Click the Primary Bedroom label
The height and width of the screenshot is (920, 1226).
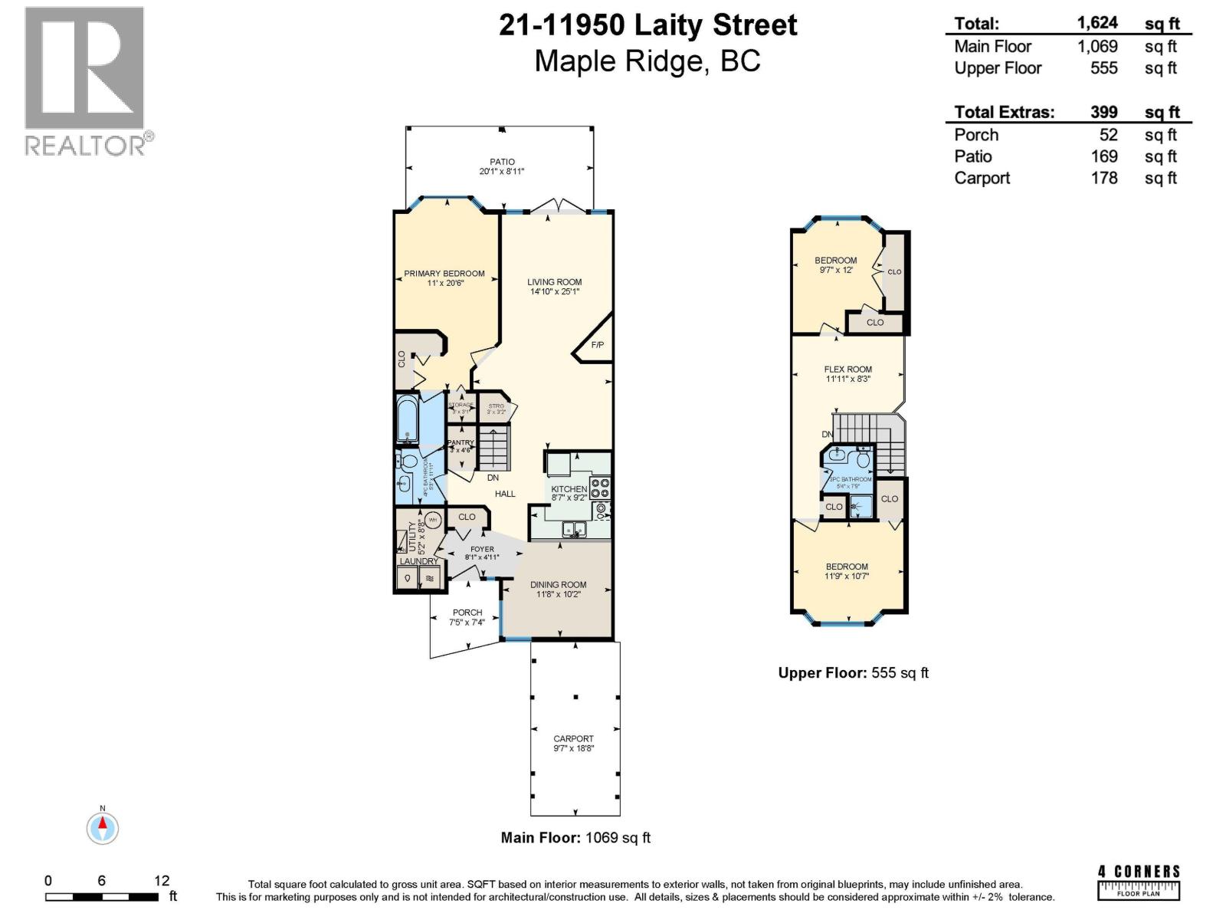tap(444, 274)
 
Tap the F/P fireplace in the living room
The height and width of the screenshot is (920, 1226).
tap(596, 345)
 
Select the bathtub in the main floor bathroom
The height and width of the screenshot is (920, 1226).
tap(407, 419)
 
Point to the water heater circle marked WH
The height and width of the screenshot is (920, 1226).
tap(432, 520)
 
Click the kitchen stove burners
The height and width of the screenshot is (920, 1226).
tap(600, 488)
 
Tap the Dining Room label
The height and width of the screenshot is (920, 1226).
tap(558, 584)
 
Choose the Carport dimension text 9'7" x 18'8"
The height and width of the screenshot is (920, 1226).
tap(573, 748)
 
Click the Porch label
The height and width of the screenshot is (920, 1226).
tap(467, 613)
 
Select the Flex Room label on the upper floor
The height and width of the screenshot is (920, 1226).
tap(847, 369)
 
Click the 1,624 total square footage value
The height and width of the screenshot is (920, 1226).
tap(1097, 23)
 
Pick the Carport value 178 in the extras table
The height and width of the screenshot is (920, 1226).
tap(1103, 178)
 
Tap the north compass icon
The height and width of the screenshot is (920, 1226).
tap(102, 827)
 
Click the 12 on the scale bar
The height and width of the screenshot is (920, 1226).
tap(161, 881)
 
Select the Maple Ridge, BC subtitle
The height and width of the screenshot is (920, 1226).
tap(647, 61)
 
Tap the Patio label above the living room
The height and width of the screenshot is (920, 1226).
tap(503, 162)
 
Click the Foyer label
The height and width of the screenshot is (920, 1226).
tap(482, 549)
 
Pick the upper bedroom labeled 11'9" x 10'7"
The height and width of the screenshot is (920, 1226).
tap(847, 571)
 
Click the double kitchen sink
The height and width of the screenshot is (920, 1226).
tap(575, 528)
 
